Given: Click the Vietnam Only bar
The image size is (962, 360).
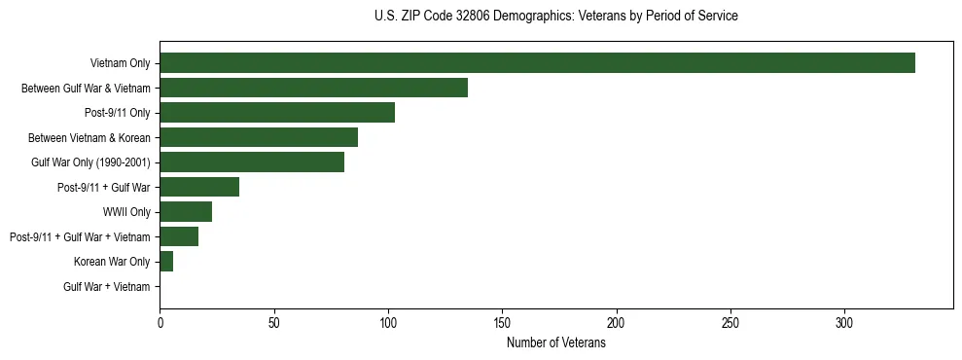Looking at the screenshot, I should (537, 63).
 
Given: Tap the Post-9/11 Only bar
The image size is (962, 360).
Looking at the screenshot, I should (277, 113).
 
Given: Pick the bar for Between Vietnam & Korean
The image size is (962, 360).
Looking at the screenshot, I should (259, 137).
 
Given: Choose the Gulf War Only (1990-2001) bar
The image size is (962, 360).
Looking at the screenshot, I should (252, 162).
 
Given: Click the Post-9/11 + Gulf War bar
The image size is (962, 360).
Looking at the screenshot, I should (199, 187).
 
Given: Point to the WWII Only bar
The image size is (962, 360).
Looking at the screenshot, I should (186, 211).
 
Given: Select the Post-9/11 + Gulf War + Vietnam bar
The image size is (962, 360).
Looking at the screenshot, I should (179, 236).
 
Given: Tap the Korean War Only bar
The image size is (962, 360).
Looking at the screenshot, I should (166, 261).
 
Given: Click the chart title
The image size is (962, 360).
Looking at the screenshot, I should (555, 16).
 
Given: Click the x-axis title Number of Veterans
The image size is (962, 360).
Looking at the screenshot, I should (555, 343).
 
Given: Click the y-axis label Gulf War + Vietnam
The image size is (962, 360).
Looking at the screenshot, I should (107, 286).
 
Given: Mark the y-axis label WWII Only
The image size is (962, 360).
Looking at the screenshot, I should (126, 211).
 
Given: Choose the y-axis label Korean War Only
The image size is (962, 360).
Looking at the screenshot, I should (112, 261).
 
